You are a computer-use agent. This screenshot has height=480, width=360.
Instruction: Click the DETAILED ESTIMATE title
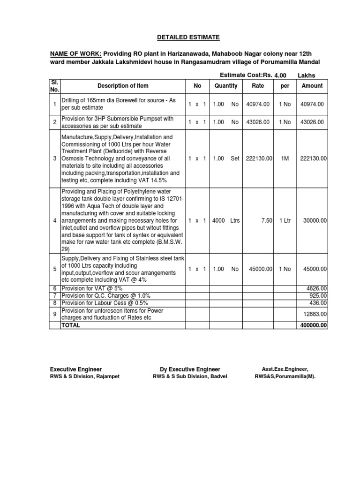tap(181, 37)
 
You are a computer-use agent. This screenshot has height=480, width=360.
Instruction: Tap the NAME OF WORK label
tap(75, 53)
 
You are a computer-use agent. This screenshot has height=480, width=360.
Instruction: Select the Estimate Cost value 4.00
tap(280, 75)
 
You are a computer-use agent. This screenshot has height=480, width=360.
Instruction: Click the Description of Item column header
tap(123, 86)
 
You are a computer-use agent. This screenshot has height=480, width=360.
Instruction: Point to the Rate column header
tap(258, 86)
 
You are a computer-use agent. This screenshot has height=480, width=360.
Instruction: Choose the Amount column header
tap(312, 86)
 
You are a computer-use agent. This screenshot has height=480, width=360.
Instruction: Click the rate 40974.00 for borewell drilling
tap(258, 104)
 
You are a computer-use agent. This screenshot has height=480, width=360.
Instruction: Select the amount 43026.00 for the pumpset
tap(312, 122)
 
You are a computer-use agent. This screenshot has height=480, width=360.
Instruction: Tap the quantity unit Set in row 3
tap(234, 158)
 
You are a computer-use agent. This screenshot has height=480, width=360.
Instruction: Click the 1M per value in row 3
tap(285, 158)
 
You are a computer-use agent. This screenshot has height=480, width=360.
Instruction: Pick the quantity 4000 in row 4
tap(218, 220)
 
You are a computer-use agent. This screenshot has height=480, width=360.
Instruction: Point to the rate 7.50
tap(266, 220)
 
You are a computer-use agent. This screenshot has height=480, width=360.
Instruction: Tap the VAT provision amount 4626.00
tap(317, 288)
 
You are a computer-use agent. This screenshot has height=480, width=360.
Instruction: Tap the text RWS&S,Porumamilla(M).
tap(285, 376)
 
